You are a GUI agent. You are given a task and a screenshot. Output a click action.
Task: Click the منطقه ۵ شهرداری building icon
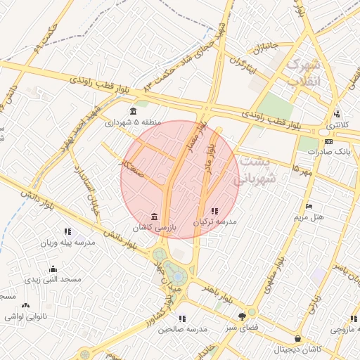pyautogui.click(x=133, y=111)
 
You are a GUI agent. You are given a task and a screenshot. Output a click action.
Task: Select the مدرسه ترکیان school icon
pyautogui.click(x=214, y=210)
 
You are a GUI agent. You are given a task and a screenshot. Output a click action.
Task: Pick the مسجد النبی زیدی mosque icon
pyautogui.click(x=53, y=269)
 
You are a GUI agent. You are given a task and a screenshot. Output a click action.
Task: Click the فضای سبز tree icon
pyautogui.click(x=243, y=316)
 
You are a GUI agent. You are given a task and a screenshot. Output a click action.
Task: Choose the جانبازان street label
pyautogui.click(x=266, y=50)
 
